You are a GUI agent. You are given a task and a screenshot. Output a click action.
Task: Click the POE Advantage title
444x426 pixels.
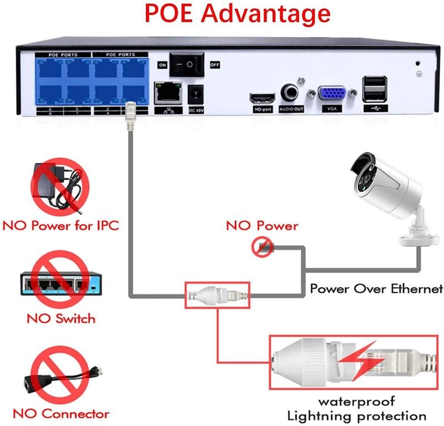tap(222, 13)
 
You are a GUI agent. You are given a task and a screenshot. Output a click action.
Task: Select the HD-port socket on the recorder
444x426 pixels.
tap(262, 99)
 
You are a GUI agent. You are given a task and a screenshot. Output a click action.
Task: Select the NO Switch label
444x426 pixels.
tap(61, 319)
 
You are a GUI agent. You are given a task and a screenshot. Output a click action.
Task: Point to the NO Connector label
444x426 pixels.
tap(61, 414)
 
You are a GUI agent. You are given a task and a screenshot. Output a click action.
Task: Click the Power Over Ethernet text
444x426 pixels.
tap(376, 289)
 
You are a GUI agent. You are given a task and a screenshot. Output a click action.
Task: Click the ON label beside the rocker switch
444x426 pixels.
tap(163, 65)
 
